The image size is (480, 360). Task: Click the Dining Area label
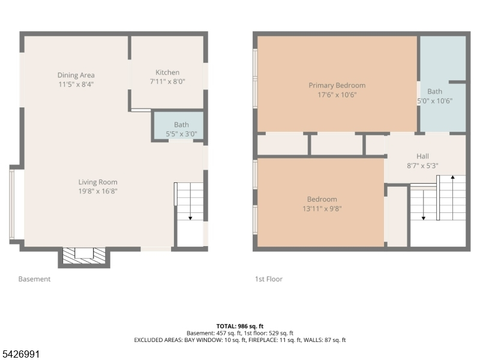76,75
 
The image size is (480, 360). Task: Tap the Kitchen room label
167,72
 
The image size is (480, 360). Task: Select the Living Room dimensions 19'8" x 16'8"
98,191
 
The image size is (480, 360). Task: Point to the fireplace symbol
84,256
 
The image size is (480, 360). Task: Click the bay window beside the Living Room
12,205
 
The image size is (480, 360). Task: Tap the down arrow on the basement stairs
190,202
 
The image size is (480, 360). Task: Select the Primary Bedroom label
337,85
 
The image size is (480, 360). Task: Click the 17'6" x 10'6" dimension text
337,95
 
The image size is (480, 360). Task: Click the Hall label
422,156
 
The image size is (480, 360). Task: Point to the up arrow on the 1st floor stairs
453,198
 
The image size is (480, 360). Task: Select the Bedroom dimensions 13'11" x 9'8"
322,208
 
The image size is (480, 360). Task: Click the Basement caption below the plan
34,279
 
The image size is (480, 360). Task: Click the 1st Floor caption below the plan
269,279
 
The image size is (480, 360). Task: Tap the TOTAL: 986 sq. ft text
240,326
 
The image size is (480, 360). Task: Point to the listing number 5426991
20,354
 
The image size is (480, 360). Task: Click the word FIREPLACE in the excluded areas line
262,340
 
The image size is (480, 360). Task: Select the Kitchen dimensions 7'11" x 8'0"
167,82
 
